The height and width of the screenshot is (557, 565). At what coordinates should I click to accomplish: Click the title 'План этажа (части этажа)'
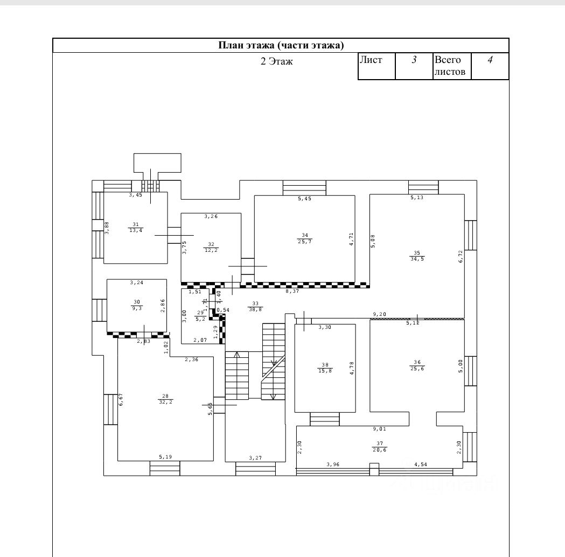pos(281,45)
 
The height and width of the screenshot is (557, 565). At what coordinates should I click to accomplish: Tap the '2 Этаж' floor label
pos(276,61)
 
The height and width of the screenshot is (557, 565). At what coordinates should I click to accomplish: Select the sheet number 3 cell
pos(414,60)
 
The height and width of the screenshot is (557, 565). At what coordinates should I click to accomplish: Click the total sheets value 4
pos(490,60)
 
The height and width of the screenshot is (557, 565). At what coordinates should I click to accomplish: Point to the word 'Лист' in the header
pos(371,60)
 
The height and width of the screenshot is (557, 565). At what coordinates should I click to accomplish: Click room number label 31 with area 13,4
pos(135,227)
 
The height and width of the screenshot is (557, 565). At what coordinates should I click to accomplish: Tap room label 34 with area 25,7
pos(305,238)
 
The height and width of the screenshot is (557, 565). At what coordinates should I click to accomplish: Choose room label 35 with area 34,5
pos(417,256)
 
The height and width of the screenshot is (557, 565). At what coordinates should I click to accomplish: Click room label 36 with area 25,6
pos(417,364)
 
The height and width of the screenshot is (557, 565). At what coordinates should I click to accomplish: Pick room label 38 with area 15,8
pos(325,367)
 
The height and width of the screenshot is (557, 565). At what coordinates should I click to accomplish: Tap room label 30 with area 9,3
pos(136,305)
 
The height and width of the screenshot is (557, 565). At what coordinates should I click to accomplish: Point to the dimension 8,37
pos(292,291)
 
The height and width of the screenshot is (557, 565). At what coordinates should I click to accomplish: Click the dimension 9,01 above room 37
pos(380,429)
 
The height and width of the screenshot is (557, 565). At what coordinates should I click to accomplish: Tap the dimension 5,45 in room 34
pos(305,199)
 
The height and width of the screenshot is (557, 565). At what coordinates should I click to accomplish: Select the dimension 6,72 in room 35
pos(461,256)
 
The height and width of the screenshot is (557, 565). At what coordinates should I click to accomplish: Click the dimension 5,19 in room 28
pos(165,456)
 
